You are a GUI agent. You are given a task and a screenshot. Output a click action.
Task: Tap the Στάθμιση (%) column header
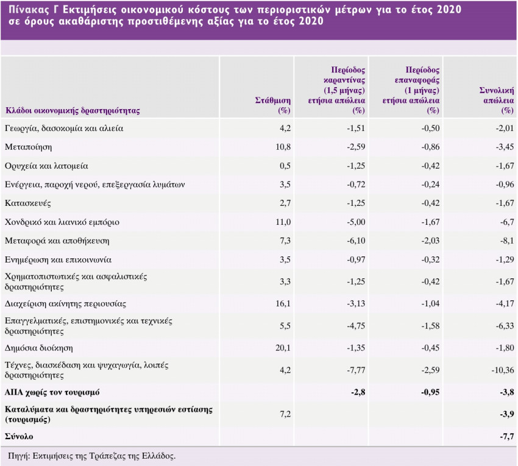coord(272,105)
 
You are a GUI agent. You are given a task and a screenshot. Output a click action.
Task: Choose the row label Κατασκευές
coord(27,203)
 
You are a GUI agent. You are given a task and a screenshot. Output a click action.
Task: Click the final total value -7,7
coord(505,437)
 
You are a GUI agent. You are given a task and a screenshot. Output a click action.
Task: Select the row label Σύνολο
coord(19,437)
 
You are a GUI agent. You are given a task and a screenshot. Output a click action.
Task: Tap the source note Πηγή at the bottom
coord(91,456)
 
